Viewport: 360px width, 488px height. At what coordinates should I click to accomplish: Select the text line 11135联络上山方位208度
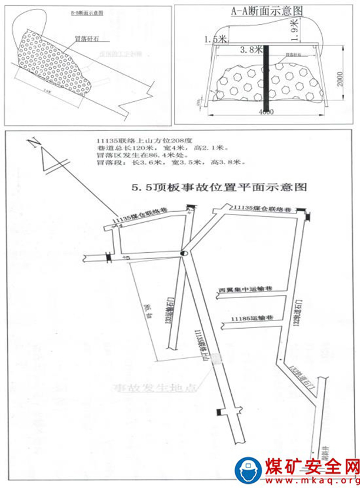point(136,141)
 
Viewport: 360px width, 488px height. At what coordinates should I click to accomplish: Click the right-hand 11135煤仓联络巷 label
point(262,209)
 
